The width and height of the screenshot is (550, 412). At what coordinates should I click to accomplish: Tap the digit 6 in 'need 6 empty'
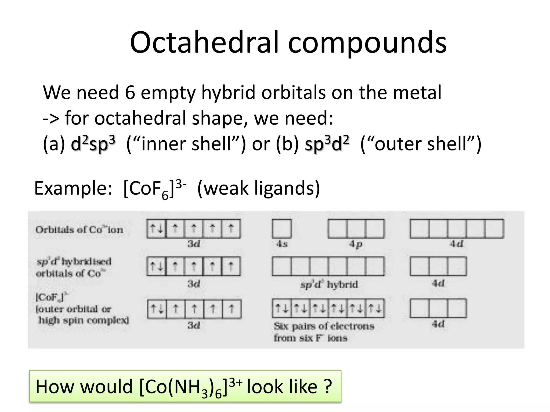pyautogui.click(x=130, y=93)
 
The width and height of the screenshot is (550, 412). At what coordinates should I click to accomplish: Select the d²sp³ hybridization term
pyautogui.click(x=93, y=144)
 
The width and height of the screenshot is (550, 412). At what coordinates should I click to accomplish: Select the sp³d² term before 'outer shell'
pyautogui.click(x=327, y=144)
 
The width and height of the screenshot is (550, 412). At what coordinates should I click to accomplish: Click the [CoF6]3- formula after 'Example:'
pyautogui.click(x=155, y=189)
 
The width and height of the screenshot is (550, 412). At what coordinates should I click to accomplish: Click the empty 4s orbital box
pyautogui.click(x=282, y=229)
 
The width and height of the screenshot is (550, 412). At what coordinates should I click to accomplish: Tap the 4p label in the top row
pyautogui.click(x=356, y=244)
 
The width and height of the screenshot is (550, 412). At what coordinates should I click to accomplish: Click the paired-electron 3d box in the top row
pyautogui.click(x=156, y=229)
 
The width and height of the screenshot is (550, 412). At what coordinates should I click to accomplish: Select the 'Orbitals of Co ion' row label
pyautogui.click(x=79, y=230)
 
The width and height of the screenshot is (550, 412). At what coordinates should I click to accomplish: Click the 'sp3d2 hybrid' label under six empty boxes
pyautogui.click(x=329, y=284)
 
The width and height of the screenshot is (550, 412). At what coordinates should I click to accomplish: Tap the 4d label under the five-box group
pyautogui.click(x=457, y=244)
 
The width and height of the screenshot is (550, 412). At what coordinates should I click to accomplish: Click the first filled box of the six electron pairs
pyautogui.click(x=282, y=308)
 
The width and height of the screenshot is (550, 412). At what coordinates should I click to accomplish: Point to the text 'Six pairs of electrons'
pyautogui.click(x=324, y=326)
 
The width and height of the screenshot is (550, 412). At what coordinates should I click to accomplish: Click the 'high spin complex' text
pyautogui.click(x=84, y=320)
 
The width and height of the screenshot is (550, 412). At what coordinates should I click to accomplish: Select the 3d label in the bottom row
pyautogui.click(x=194, y=325)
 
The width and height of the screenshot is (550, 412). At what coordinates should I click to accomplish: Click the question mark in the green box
pyautogui.click(x=328, y=387)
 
